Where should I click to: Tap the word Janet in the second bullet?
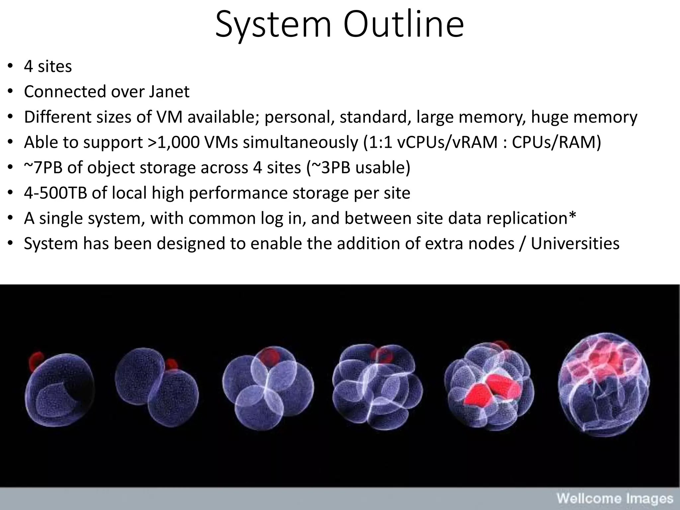coord(169,92)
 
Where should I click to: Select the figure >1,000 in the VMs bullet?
coord(175,142)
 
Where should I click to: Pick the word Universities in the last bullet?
coord(575,243)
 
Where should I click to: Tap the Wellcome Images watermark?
coord(615,499)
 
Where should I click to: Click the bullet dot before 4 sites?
coord(10,66)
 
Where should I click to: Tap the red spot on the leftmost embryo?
coord(35,361)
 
